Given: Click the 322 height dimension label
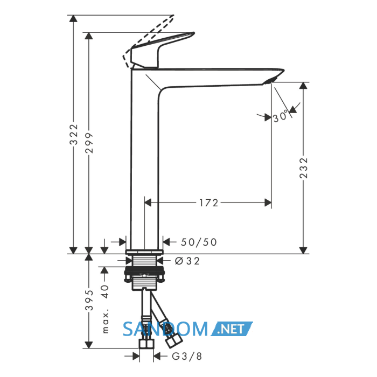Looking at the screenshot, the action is [x=74, y=135].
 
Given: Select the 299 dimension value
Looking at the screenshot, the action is [x=89, y=143].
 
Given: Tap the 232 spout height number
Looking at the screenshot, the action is [x=303, y=168].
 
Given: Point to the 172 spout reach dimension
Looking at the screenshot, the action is [x=208, y=203].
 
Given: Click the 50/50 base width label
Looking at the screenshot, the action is [x=199, y=242].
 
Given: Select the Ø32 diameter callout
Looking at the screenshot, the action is [x=187, y=261].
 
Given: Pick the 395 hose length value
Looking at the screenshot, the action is [x=89, y=300].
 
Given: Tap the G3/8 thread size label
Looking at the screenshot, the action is [x=187, y=357].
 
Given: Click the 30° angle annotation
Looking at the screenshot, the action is [x=280, y=116].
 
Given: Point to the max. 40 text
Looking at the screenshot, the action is [x=105, y=309].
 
